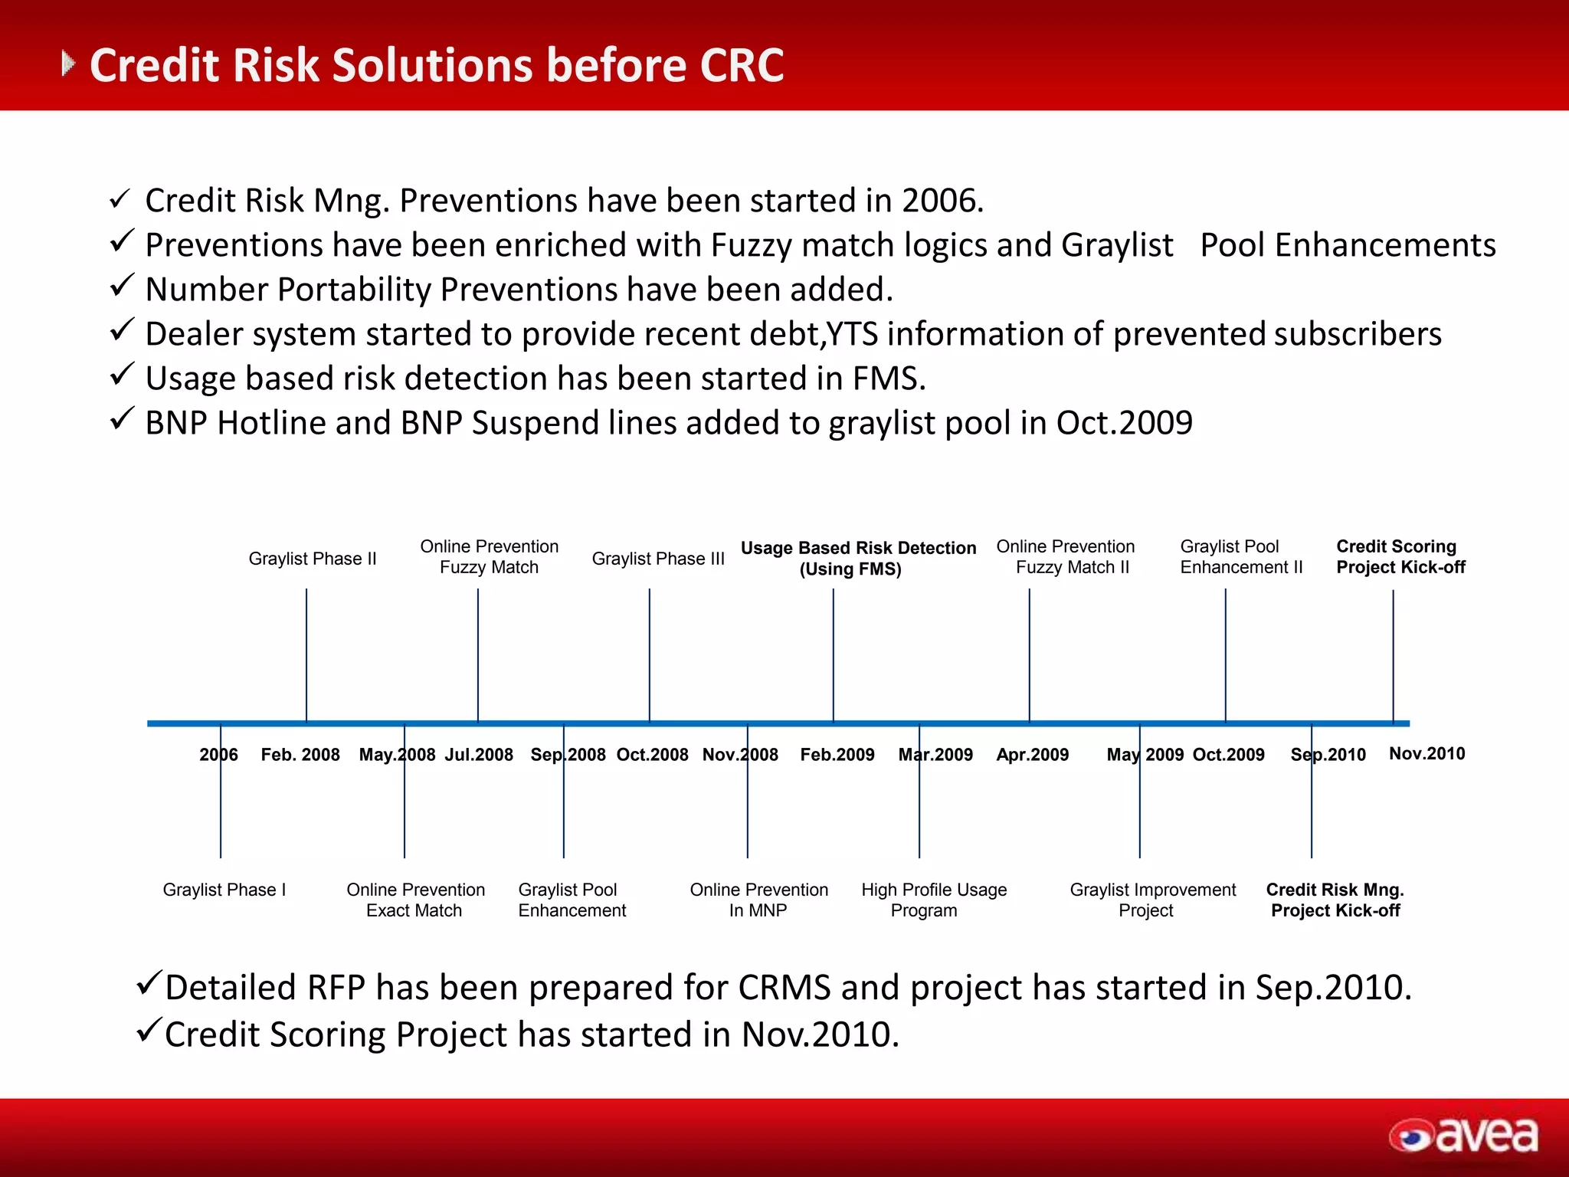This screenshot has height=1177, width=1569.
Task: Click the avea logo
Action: coord(1463,1135)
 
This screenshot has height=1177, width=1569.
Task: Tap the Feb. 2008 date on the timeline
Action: coord(300,755)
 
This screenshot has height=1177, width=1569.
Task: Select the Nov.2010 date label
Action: coord(1427,754)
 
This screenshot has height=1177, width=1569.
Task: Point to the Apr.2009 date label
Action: coord(1032,755)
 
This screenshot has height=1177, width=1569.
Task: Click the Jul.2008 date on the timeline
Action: coord(479,755)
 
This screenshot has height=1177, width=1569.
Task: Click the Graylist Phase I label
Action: coord(224,890)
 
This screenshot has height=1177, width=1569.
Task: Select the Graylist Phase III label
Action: coord(657,559)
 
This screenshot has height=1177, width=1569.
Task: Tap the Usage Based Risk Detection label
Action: coord(857,558)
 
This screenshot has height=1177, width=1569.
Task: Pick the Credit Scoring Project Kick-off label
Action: coord(1400,556)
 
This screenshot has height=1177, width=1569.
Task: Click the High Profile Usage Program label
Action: coord(933,900)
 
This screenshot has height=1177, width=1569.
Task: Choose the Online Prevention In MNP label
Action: coord(758,900)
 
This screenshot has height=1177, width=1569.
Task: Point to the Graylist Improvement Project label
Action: coord(1152,900)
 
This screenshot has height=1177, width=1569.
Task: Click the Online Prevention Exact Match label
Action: coord(415,900)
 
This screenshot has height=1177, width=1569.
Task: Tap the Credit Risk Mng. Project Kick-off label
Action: coord(1335,900)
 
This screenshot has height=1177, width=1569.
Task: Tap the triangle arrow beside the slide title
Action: coord(68,64)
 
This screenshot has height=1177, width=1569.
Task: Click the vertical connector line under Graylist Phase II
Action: coord(306,655)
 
